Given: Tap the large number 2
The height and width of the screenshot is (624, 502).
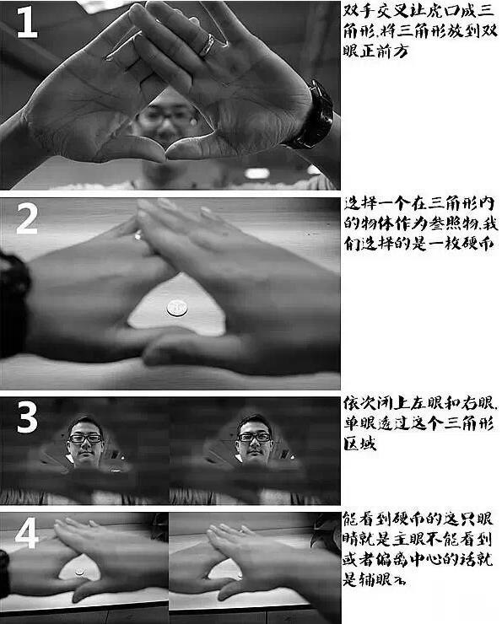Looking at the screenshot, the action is (x=27, y=218).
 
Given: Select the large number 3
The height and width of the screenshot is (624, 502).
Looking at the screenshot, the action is (x=27, y=417).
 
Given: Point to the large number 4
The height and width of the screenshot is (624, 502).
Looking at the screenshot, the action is (x=27, y=532).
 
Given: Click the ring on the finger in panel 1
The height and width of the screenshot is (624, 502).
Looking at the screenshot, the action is (x=208, y=45).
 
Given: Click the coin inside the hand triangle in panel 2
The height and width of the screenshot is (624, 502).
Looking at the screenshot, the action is (x=177, y=308).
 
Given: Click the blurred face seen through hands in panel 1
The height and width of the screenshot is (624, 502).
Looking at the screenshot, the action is (x=167, y=117).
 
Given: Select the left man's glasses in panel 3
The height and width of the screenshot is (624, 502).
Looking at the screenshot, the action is (x=85, y=438).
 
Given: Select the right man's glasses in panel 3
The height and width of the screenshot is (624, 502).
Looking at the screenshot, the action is (x=255, y=437).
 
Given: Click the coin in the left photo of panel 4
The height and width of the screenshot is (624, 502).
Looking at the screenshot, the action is (x=80, y=572).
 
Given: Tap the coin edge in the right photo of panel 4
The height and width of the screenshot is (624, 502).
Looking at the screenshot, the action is (x=240, y=575).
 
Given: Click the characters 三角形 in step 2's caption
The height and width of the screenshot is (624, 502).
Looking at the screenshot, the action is (x=452, y=204).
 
